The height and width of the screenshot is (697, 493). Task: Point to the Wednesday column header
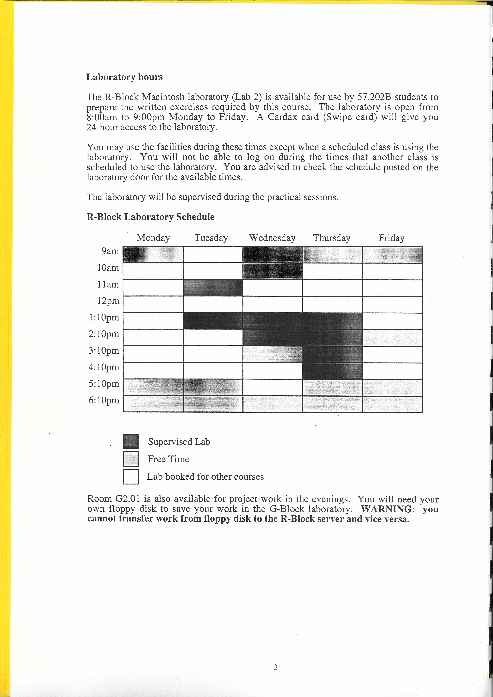click(272, 238)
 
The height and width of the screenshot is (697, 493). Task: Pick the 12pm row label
click(108, 301)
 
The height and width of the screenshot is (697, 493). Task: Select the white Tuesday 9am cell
click(213, 254)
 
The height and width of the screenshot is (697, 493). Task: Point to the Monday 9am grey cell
click(153, 254)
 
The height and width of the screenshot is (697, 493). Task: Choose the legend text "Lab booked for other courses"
click(205, 477)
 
